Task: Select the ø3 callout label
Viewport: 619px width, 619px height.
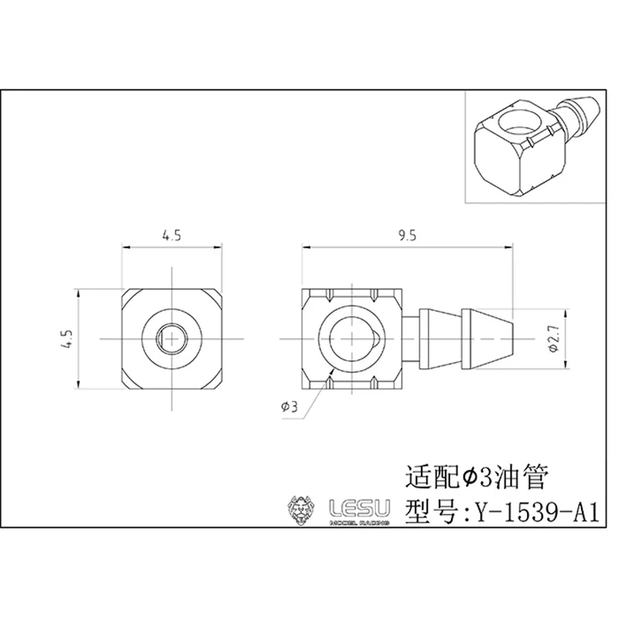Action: pos(286,405)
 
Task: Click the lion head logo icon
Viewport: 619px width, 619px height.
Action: pos(302,508)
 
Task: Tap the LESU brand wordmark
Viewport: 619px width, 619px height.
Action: pos(361,507)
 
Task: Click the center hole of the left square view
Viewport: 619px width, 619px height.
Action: pos(171,338)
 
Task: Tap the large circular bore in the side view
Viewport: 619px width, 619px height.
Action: pos(353,339)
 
